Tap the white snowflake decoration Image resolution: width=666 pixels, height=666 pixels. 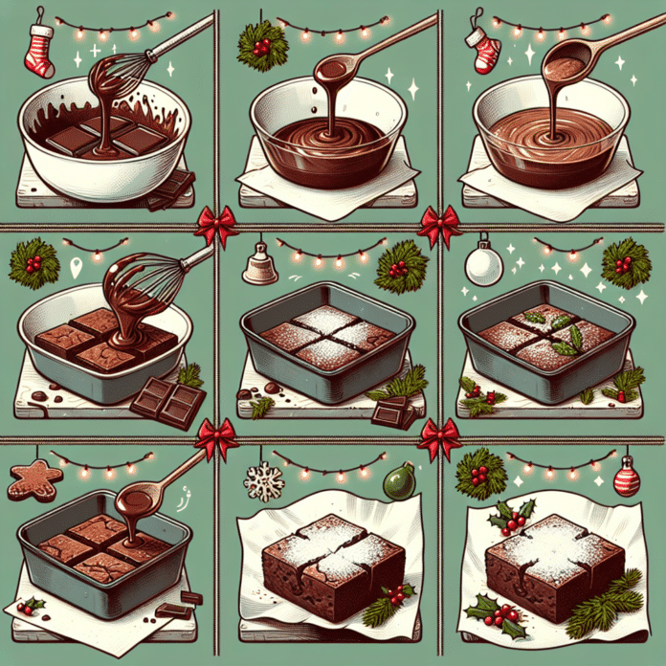pyautogui.click(x=264, y=481)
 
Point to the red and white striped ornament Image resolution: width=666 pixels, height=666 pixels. pyautogui.click(x=627, y=476)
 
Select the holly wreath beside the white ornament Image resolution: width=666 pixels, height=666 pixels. pyautogui.click(x=626, y=260)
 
